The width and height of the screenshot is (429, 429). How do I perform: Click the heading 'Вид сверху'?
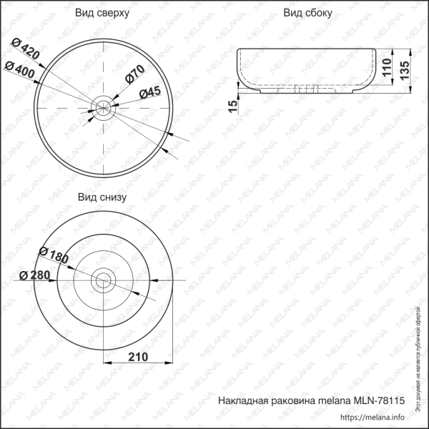[x=102, y=13]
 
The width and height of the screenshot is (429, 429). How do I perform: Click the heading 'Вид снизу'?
[x=102, y=197]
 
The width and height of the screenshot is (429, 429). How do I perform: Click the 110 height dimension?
[x=386, y=68]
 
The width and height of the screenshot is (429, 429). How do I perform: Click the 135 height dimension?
[x=405, y=71]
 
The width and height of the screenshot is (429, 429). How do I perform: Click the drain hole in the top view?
[x=104, y=109]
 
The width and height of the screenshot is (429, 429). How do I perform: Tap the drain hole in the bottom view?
[x=104, y=280]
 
